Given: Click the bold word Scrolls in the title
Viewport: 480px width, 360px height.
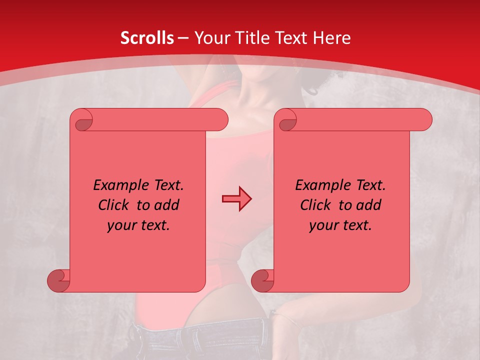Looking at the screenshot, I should (x=147, y=38).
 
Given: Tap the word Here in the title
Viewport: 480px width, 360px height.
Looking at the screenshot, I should (x=331, y=38).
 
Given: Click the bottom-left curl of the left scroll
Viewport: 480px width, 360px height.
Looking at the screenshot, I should (x=58, y=280).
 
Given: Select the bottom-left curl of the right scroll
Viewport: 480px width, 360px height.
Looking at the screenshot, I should (x=262, y=280).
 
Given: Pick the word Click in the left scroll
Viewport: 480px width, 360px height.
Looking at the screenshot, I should (x=115, y=205).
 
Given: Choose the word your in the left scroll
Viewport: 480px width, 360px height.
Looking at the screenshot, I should (x=121, y=225).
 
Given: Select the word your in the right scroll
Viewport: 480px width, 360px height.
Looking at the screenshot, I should (x=323, y=225).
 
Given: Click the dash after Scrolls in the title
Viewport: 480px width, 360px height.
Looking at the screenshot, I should (x=183, y=38).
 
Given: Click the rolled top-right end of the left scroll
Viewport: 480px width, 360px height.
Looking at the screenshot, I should (x=220, y=120).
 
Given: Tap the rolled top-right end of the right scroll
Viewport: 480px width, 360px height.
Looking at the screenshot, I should (x=424, y=120).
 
